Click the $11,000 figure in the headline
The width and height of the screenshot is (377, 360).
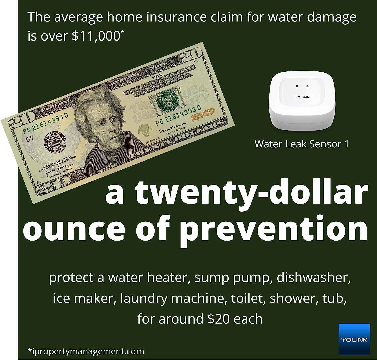click(96, 36)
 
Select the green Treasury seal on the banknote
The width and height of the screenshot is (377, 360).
click(166, 100)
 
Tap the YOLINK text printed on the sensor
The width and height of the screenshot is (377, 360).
click(302, 97)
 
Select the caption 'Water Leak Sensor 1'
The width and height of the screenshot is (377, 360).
click(302, 144)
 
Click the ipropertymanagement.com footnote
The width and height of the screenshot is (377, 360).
click(86, 351)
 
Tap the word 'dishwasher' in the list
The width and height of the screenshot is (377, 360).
click(311, 278)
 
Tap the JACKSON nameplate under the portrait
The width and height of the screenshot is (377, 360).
click(108, 169)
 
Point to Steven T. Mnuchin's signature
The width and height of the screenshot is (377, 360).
click(173, 128)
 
